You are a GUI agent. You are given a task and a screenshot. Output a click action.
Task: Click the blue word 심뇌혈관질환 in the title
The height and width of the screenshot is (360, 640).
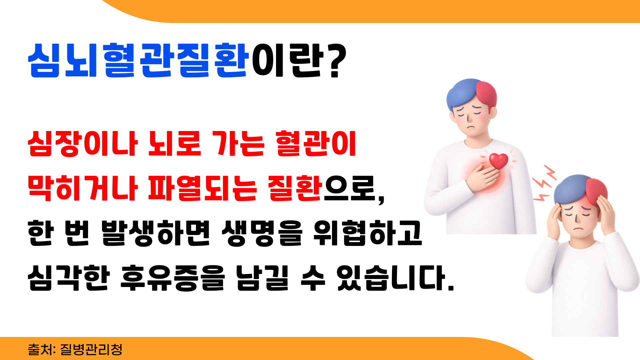click(139, 60)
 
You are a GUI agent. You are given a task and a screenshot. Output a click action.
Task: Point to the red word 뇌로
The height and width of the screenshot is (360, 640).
click(174, 144)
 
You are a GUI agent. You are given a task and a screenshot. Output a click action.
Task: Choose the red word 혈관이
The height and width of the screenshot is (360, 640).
click(316, 144)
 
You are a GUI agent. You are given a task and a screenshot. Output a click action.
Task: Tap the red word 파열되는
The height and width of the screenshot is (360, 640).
click(202, 188)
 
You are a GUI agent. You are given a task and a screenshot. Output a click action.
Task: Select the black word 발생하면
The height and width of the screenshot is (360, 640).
click(156, 233)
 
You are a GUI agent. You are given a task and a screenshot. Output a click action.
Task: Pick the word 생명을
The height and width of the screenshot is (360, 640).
click(262, 233)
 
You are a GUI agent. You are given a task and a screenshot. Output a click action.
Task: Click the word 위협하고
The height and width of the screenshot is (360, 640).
click(368, 233)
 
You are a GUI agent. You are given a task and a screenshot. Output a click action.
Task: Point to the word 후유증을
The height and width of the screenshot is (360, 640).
click(173, 278)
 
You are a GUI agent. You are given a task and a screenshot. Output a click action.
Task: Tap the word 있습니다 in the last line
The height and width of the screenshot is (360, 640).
click(395, 278)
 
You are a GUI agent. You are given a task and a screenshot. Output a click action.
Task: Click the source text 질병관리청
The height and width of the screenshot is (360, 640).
click(91, 349)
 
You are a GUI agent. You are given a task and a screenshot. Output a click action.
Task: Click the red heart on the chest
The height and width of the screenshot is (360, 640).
click(498, 161)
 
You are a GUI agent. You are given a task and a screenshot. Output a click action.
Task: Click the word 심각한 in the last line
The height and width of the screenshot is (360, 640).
click(69, 278)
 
